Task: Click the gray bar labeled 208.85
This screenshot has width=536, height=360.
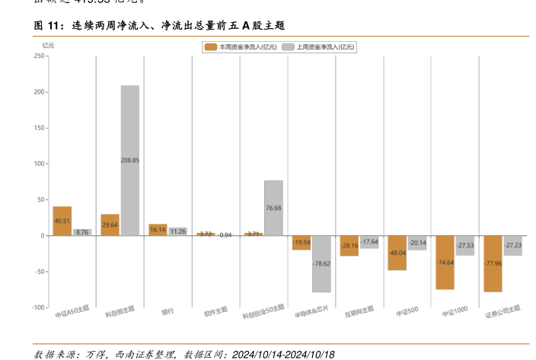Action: [x=130, y=160]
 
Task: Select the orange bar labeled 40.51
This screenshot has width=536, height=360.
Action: [x=62, y=221]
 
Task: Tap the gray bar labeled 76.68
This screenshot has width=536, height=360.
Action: [x=273, y=208]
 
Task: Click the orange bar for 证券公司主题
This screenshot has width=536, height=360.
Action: [x=493, y=263]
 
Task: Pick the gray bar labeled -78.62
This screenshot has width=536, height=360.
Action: [x=321, y=263]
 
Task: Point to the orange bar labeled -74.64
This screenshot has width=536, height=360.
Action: [x=445, y=262]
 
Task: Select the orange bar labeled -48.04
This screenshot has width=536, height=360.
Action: [x=397, y=253]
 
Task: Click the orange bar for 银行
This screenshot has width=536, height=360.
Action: [x=158, y=230]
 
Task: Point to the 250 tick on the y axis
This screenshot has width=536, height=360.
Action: [x=40, y=56]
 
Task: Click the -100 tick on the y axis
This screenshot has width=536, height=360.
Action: [x=38, y=307]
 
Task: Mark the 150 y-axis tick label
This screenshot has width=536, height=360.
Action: [x=40, y=128]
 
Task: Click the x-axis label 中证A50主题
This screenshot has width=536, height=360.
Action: [x=72, y=311]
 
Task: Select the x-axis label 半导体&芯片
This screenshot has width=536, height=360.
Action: [x=313, y=312]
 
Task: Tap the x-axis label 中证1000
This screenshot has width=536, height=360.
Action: [x=454, y=311]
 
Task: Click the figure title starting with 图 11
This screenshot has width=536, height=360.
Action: [x=159, y=26]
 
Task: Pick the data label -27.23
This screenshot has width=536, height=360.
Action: [x=512, y=245]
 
